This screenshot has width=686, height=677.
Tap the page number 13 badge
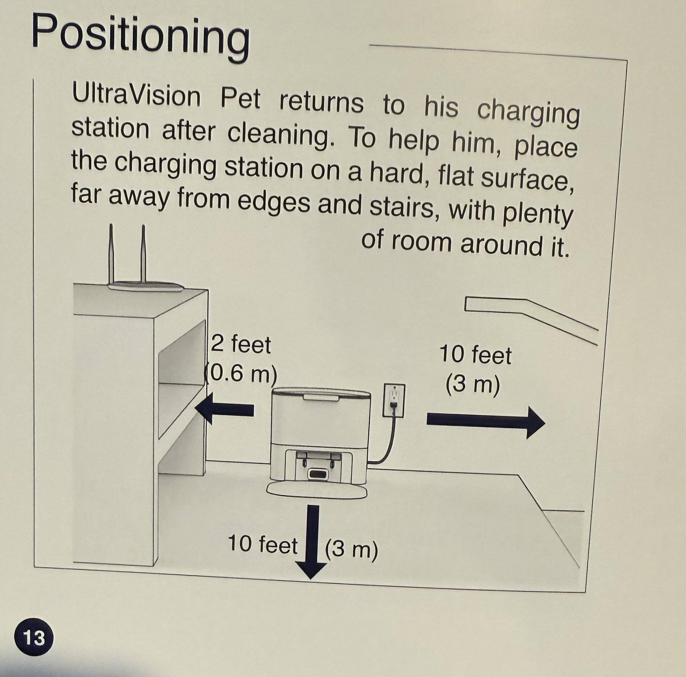34,638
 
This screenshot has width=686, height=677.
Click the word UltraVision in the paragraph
136,95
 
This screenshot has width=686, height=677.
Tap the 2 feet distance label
240,344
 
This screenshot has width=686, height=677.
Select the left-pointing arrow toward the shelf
224,409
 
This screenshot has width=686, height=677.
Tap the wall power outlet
394,401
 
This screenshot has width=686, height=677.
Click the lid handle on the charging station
321,398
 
